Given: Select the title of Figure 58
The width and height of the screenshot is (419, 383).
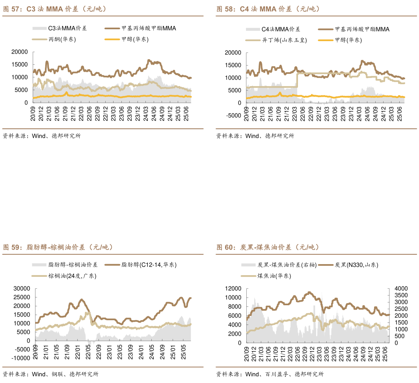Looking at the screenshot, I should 268,9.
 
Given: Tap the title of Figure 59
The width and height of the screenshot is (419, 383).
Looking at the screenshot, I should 58,248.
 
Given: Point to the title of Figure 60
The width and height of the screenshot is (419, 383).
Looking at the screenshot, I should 268,248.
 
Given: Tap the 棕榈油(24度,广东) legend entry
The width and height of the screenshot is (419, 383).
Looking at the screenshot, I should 72,276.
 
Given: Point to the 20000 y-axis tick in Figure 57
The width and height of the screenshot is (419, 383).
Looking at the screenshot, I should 19,52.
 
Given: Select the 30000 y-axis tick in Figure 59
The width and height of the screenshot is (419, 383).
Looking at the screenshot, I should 21,289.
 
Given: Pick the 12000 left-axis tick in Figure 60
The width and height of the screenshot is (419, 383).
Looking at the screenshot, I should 233,289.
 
